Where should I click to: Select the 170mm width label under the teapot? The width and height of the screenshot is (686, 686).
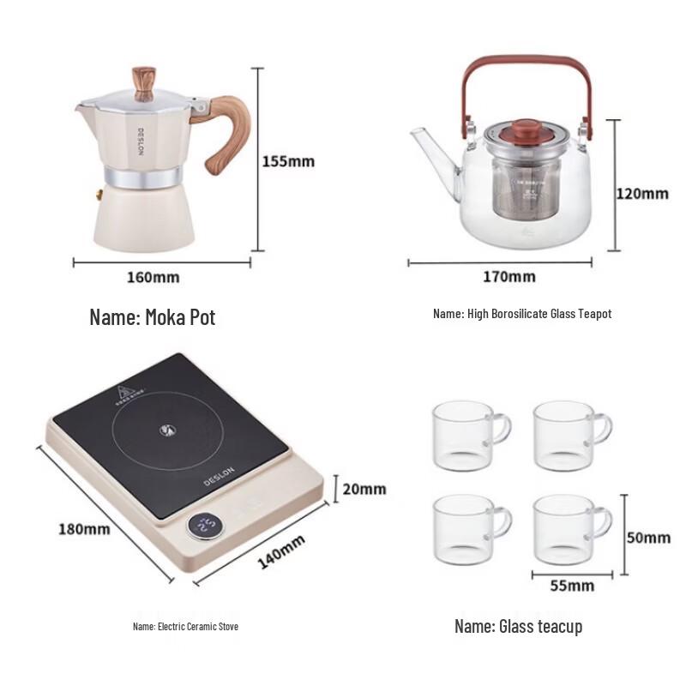click(508, 276)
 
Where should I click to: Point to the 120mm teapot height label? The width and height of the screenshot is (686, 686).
click(642, 193)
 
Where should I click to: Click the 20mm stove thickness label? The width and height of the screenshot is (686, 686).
click(364, 489)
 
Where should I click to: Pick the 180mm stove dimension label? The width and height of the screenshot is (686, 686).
click(84, 528)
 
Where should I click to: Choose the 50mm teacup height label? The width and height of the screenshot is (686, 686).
click(648, 538)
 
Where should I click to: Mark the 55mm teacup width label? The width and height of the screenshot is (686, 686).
click(573, 586)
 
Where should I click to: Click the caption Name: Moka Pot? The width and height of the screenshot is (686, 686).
click(153, 318)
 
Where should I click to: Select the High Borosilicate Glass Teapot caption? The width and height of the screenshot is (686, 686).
click(522, 315)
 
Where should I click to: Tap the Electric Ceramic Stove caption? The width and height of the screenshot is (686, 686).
click(185, 626)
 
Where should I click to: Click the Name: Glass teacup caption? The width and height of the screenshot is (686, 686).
click(518, 627)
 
